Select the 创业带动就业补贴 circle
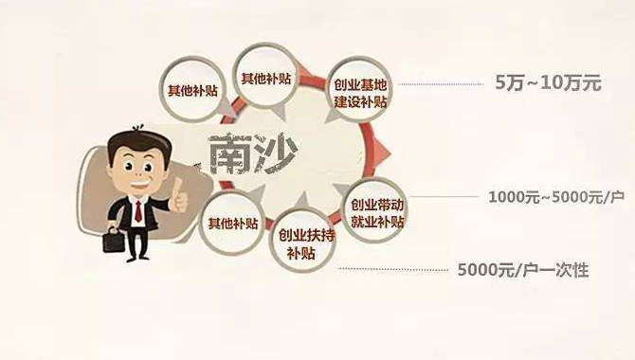click(376, 214)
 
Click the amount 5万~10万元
click(549, 82)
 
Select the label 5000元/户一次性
click(523, 271)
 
